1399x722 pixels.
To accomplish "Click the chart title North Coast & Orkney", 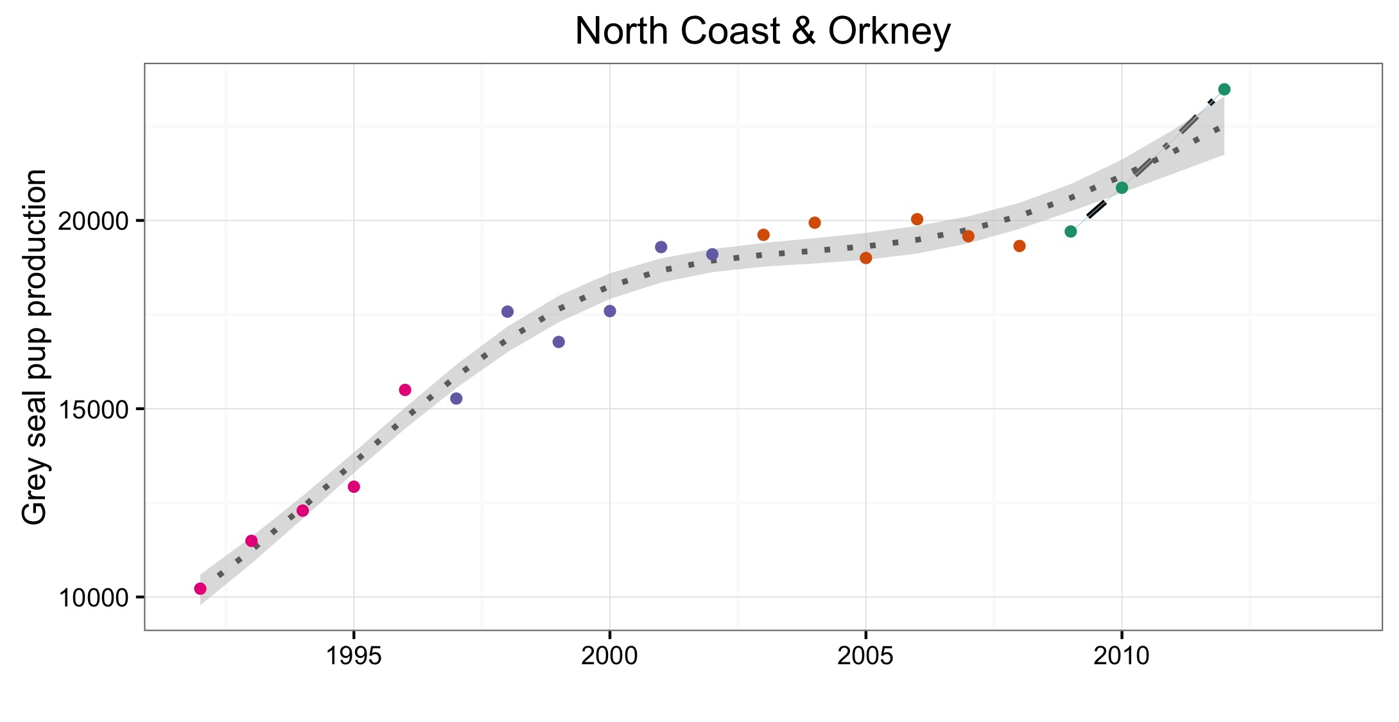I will pyautogui.click(x=762, y=31).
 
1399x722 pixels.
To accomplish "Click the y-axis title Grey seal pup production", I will pyautogui.click(x=35, y=347).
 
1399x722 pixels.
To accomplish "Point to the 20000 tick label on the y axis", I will pyautogui.click(x=94, y=221).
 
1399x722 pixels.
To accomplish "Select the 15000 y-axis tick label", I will pyautogui.click(x=94, y=409).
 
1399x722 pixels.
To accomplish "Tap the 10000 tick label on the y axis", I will pyautogui.click(x=94, y=597).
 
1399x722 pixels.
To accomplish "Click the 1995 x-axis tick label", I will pyautogui.click(x=353, y=656).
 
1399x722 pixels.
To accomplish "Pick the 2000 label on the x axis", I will pyautogui.click(x=609, y=656).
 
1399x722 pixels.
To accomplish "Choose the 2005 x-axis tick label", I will pyautogui.click(x=865, y=656).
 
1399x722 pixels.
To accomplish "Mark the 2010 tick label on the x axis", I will pyautogui.click(x=1122, y=656).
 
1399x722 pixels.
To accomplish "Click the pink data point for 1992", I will pyautogui.click(x=200, y=589).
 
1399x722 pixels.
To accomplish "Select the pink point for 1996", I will pyautogui.click(x=405, y=390).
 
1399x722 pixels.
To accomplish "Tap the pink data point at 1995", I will pyautogui.click(x=354, y=486).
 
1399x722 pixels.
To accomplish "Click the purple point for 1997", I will pyautogui.click(x=456, y=399).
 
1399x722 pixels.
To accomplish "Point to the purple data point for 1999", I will pyautogui.click(x=559, y=342).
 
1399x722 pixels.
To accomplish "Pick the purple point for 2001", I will pyautogui.click(x=661, y=247).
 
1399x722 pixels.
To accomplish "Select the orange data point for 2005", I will pyautogui.click(x=866, y=258).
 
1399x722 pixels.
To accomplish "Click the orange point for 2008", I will pyautogui.click(x=1020, y=246).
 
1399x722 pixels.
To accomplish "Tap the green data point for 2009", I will pyautogui.click(x=1071, y=231).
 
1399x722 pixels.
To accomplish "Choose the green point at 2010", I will pyautogui.click(x=1122, y=187).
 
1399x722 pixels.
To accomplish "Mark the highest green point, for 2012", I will pyautogui.click(x=1224, y=89).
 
